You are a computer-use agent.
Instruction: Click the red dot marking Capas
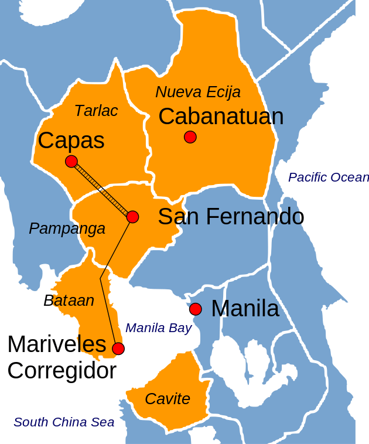[x=71, y=162]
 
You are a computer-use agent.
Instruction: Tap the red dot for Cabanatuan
[x=190, y=137]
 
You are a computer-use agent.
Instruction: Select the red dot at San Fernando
[x=132, y=217]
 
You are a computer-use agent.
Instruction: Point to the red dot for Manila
[x=196, y=309]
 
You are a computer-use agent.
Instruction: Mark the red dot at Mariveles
[x=118, y=349]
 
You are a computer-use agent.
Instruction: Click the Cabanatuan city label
[x=221, y=117]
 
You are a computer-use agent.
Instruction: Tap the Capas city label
[x=71, y=141]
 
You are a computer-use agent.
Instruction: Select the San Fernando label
[x=231, y=217]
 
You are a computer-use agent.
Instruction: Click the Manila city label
[x=245, y=308]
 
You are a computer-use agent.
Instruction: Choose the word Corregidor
[x=61, y=371]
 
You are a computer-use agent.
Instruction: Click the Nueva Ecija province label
[x=198, y=92]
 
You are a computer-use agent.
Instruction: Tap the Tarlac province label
[x=96, y=111]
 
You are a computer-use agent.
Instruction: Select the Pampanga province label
[x=67, y=228]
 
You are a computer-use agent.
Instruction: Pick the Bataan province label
[x=69, y=300]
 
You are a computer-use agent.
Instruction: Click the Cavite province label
[x=168, y=399]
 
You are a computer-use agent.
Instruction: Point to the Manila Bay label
[x=158, y=328]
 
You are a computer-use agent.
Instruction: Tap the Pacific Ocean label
[x=328, y=177]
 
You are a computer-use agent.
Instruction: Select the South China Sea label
[x=64, y=422]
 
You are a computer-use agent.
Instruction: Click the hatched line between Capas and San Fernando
[x=102, y=189]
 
